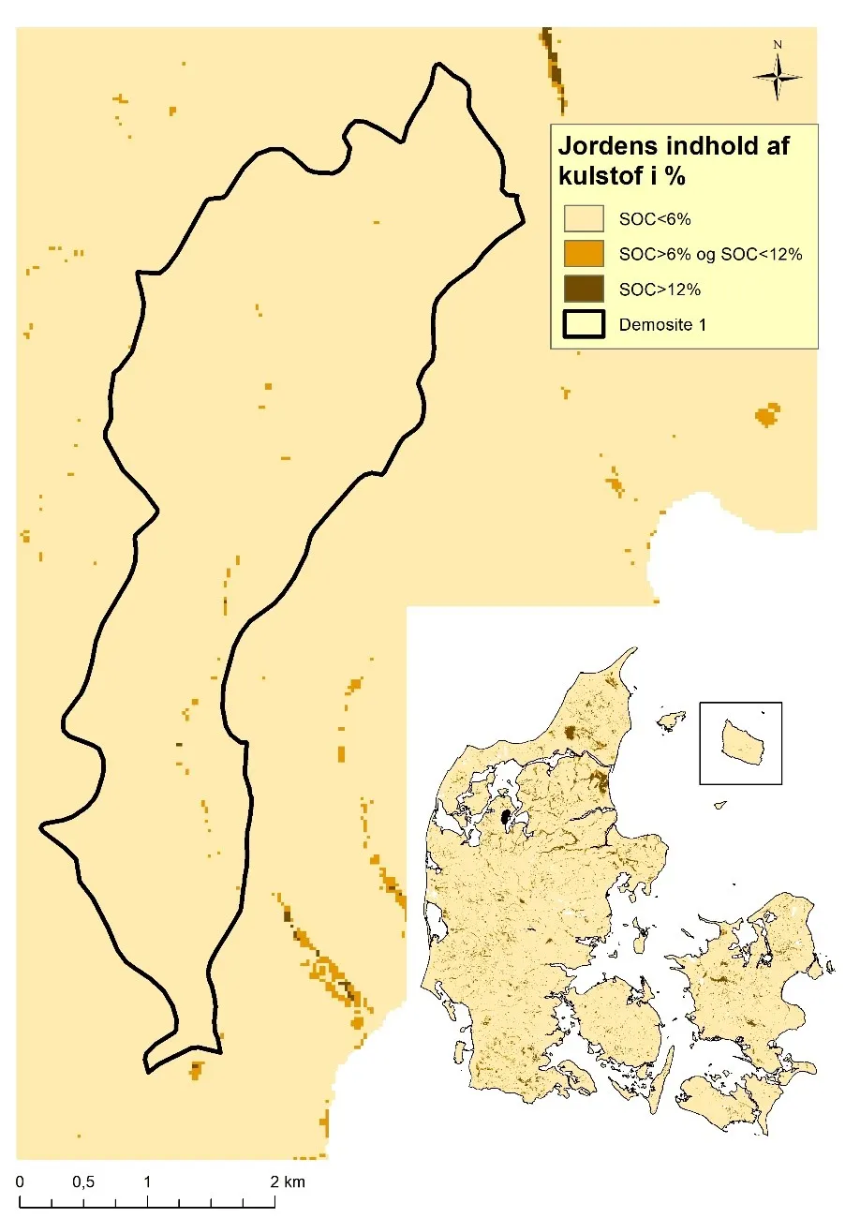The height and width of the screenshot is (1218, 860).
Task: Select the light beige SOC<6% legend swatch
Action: click(x=582, y=218)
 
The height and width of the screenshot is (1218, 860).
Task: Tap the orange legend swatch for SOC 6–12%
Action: click(x=582, y=254)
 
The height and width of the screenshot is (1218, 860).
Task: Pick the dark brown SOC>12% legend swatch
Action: click(x=582, y=289)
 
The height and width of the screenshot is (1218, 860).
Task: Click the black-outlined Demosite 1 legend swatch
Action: click(x=582, y=324)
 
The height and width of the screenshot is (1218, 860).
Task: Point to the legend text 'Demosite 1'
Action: click(x=661, y=325)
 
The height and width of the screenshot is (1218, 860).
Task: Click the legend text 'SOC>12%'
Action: click(x=660, y=290)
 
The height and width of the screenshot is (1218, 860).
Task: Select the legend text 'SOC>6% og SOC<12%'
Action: click(x=711, y=254)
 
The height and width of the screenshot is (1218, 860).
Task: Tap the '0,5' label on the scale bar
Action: click(x=83, y=1182)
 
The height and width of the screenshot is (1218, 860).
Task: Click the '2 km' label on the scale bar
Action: click(x=288, y=1182)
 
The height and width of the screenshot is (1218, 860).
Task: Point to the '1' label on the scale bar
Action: click(x=148, y=1182)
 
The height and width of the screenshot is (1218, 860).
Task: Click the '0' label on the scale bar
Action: click(x=20, y=1182)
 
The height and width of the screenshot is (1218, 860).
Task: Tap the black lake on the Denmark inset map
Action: click(x=507, y=818)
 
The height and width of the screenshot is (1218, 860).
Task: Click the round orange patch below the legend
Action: click(x=767, y=414)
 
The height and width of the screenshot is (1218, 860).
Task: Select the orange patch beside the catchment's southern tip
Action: click(x=196, y=1068)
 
